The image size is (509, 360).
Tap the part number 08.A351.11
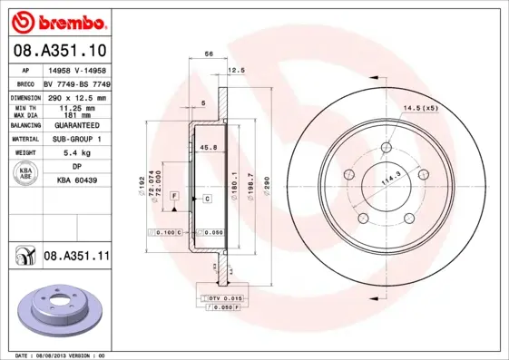(x=76, y=257)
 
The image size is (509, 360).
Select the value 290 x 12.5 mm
(x=77, y=96)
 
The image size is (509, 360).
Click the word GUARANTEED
(x=77, y=125)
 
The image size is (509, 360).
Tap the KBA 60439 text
(x=77, y=181)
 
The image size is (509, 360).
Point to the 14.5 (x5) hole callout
(x=420, y=109)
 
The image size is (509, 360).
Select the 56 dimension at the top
(x=209, y=55)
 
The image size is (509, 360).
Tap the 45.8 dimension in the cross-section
(x=207, y=147)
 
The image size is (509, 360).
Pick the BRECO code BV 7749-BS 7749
(x=77, y=83)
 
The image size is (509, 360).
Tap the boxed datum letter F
(x=173, y=197)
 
